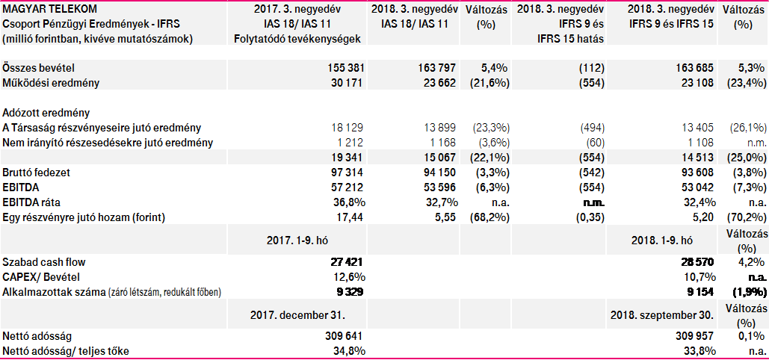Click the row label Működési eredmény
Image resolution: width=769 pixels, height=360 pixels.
[51, 82]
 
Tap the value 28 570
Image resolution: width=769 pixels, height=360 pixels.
[696, 263]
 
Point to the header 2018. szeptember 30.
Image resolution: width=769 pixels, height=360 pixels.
[663, 314]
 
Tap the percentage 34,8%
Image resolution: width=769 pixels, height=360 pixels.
[347, 351]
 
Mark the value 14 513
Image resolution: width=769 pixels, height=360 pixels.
[696, 158]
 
